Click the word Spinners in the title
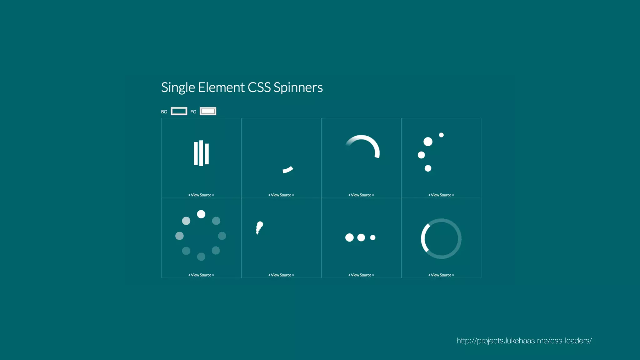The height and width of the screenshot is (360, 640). [x=298, y=87]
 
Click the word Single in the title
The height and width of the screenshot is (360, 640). [x=178, y=87]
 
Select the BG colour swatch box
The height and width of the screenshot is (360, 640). [x=179, y=111]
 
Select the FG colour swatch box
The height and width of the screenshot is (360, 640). [x=208, y=111]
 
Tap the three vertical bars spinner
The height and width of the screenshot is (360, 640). [x=201, y=153]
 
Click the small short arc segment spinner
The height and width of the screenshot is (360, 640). [x=288, y=170]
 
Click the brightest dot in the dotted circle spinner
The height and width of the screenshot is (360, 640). [x=201, y=214]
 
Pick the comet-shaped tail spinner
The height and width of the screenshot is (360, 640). [x=259, y=227]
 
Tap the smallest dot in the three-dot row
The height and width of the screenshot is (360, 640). [x=373, y=237]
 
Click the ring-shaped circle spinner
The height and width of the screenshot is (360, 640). [x=441, y=238]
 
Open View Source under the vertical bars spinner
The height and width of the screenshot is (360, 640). [x=201, y=195]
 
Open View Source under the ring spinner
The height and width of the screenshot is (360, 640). [x=441, y=275]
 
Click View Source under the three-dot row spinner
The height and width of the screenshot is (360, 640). [x=361, y=275]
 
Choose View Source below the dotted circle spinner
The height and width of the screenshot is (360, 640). [x=201, y=275]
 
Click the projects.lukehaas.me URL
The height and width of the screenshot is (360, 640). [x=524, y=341]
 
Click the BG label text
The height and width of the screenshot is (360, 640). [x=164, y=112]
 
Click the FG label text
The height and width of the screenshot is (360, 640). [x=193, y=112]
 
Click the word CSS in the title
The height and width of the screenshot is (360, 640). [x=259, y=87]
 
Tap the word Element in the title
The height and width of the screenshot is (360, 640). [x=221, y=87]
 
